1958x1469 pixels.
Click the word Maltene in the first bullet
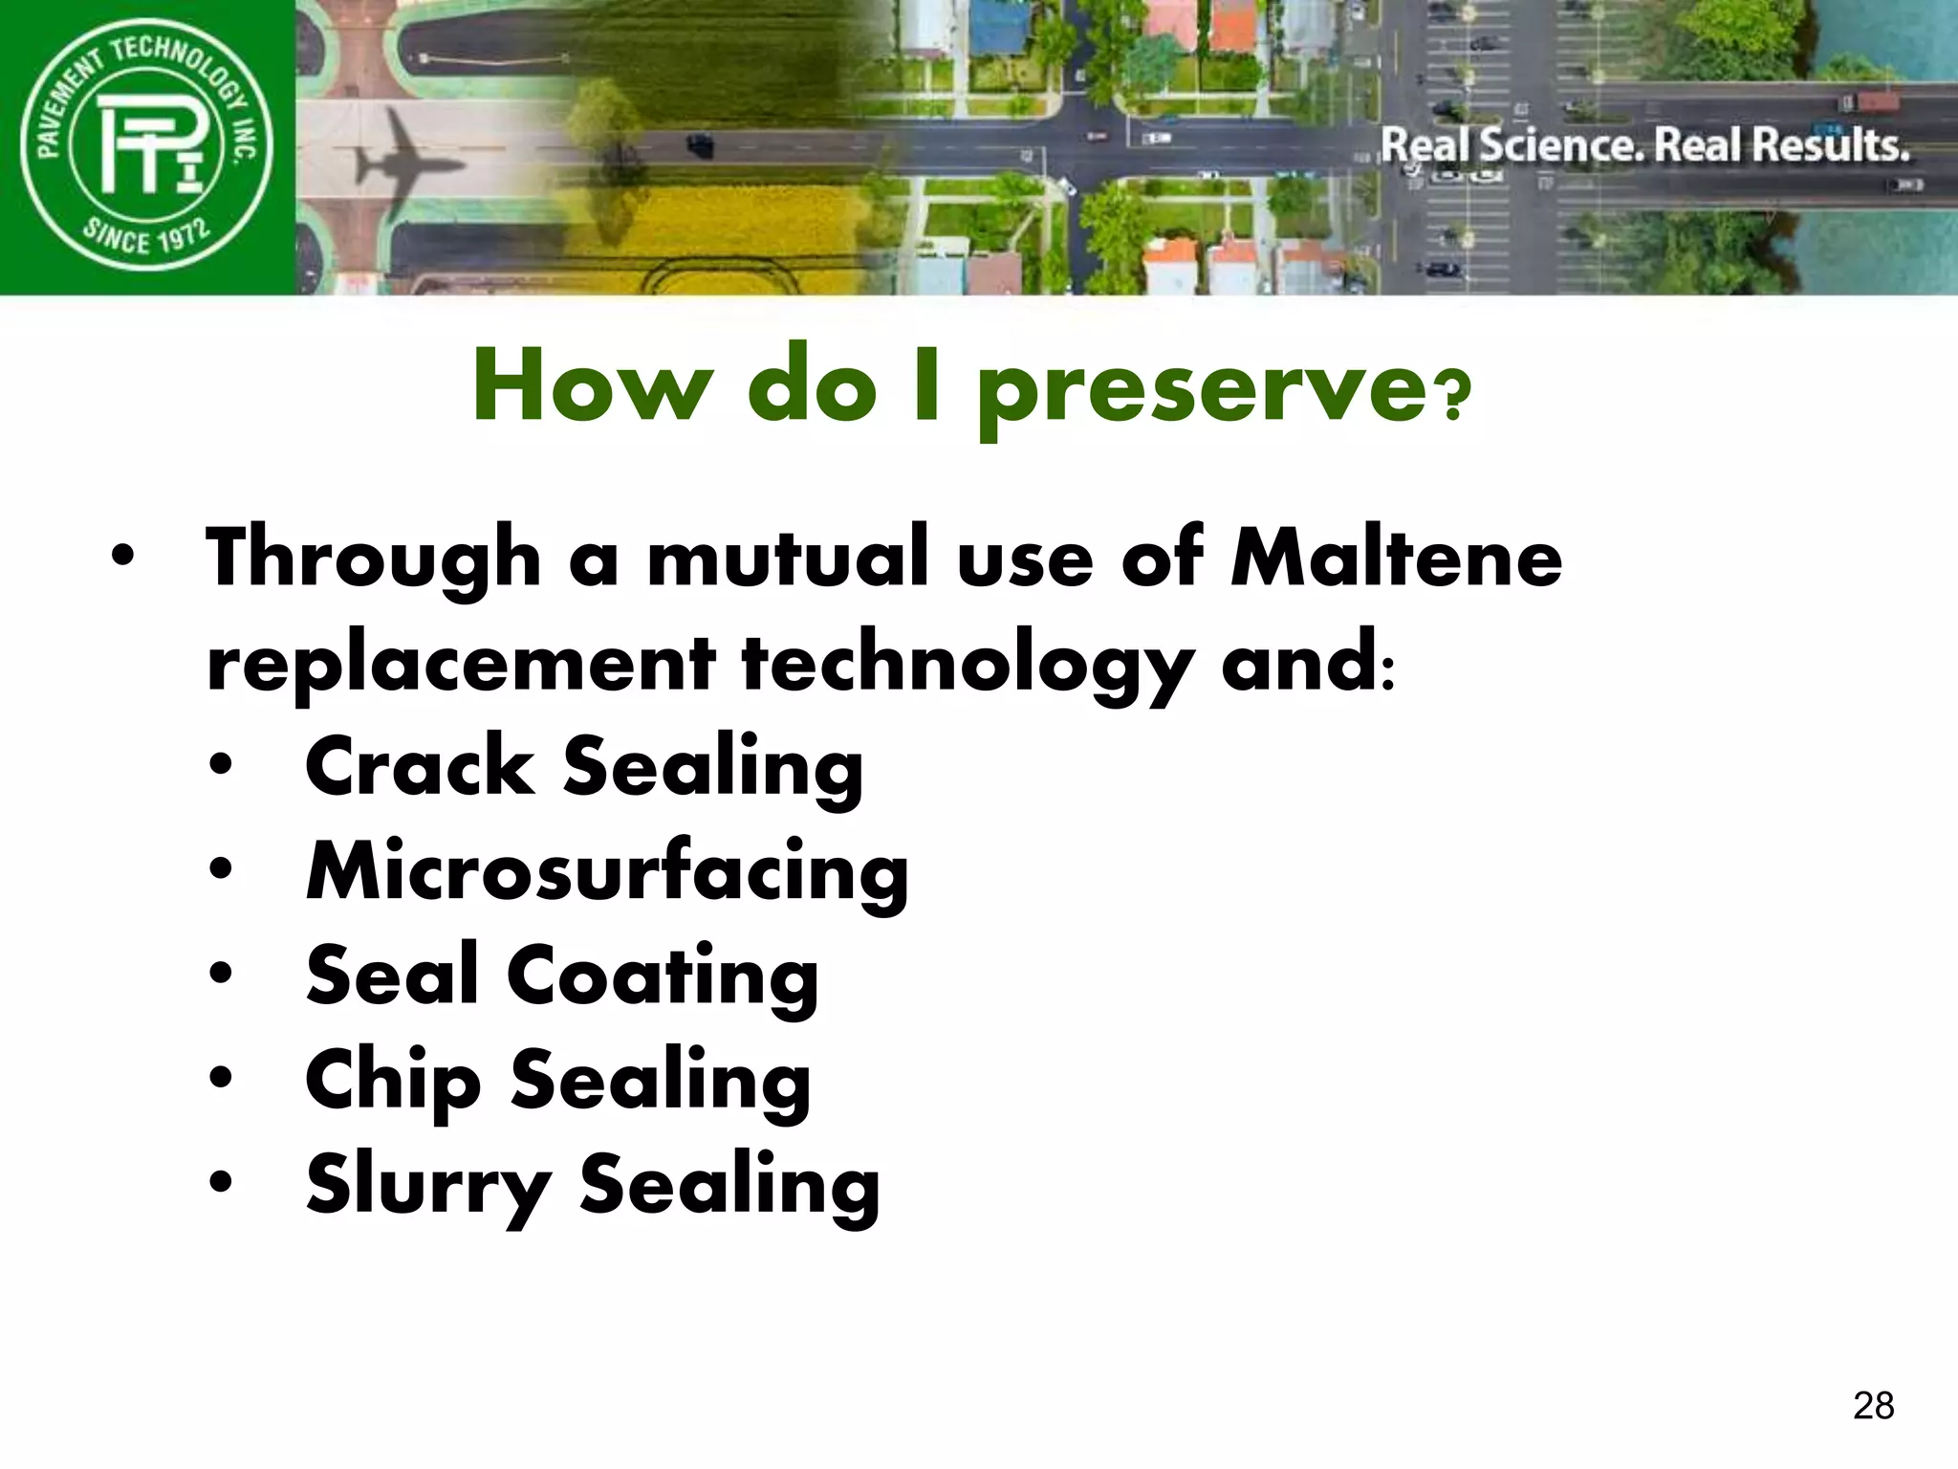pos(1396,559)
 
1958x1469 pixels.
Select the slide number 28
pos(1873,1405)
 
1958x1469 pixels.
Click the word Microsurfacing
pos(607,871)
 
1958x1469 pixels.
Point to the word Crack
pos(420,766)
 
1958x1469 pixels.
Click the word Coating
pos(662,976)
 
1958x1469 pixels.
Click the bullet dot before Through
pos(121,556)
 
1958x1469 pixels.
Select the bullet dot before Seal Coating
pos(221,974)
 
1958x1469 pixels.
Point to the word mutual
pos(788,559)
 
